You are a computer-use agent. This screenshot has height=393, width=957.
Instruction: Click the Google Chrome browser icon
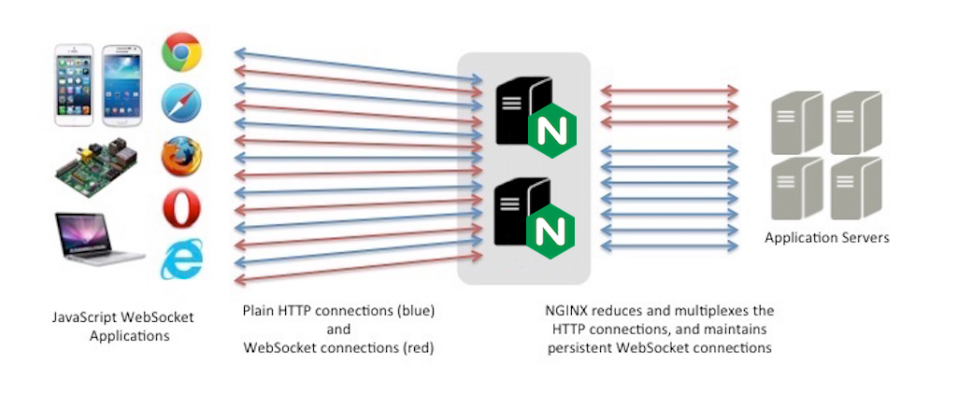pyautogui.click(x=182, y=52)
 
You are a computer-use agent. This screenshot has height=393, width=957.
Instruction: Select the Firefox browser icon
pyautogui.click(x=182, y=157)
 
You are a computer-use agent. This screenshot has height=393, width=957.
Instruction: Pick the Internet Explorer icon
pyautogui.click(x=182, y=260)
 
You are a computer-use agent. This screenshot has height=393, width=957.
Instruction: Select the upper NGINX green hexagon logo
pyautogui.click(x=552, y=132)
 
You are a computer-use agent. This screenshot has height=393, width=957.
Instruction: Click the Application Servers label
pyautogui.click(x=827, y=238)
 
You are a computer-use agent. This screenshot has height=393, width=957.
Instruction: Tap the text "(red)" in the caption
pyautogui.click(x=416, y=348)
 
